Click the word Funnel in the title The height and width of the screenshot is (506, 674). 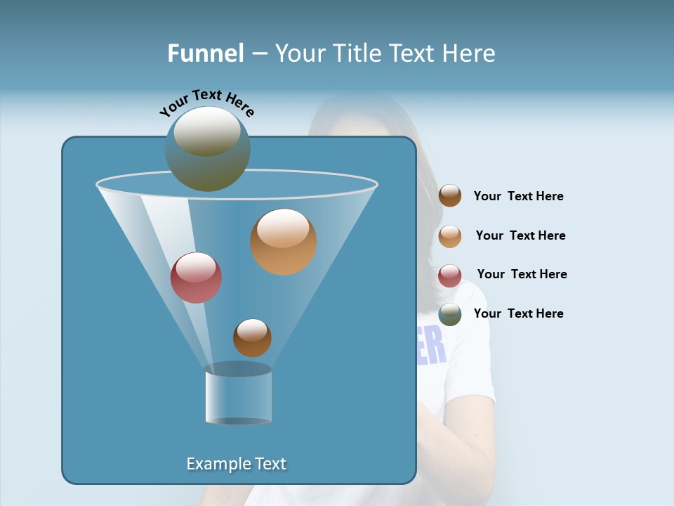[206, 53]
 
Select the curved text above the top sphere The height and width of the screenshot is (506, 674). [206, 103]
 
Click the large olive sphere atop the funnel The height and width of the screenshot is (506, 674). [207, 149]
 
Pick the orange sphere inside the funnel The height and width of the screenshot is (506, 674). [283, 241]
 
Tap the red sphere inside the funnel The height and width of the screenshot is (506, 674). [196, 278]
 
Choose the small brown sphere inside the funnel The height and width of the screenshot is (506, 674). [252, 337]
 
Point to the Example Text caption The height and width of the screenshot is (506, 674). [237, 464]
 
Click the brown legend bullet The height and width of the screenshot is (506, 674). [450, 196]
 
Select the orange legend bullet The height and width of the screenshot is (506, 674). [450, 236]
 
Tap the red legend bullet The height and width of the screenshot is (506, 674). [450, 275]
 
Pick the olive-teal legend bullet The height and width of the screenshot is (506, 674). [450, 314]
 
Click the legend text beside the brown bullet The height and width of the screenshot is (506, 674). [518, 197]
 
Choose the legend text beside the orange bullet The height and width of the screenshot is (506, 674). [520, 235]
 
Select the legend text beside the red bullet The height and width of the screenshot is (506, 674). [522, 274]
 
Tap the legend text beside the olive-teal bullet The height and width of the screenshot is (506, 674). [518, 313]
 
